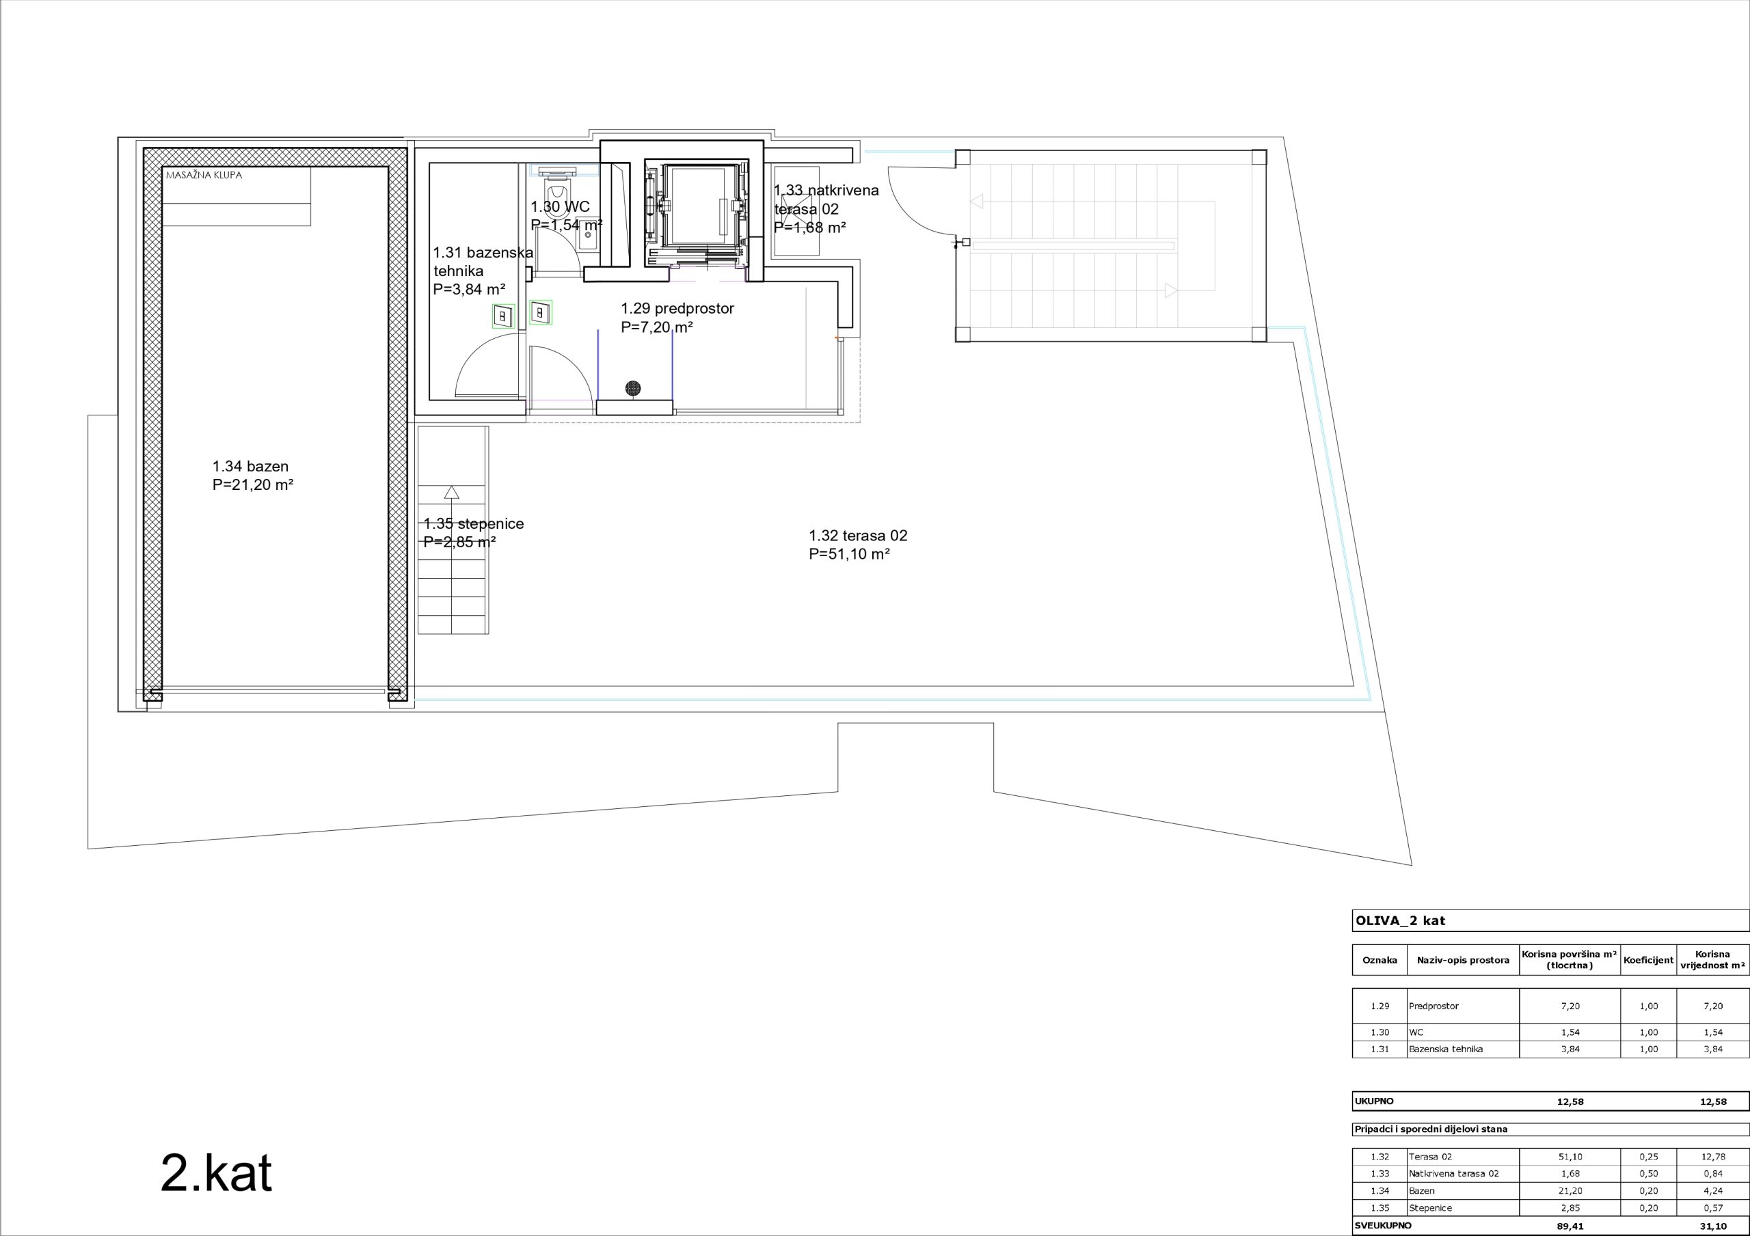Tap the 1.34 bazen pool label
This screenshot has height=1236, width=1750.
(253, 476)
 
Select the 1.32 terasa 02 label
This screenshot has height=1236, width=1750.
(857, 545)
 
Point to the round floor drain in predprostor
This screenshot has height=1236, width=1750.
(632, 389)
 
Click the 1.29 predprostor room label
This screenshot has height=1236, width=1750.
(677, 318)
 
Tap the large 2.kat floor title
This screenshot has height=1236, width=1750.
(216, 1175)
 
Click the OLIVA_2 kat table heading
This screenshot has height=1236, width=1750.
(1400, 920)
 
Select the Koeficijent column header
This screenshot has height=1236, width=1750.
(1648, 960)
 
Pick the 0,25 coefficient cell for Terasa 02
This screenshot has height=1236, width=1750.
(1648, 1157)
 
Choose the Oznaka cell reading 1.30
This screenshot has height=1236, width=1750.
(1379, 1032)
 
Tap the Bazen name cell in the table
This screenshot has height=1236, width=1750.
(1421, 1191)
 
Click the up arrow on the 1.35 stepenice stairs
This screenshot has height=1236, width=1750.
(452, 491)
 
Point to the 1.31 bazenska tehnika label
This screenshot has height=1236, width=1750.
(483, 271)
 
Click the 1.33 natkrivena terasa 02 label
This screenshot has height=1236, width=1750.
(826, 208)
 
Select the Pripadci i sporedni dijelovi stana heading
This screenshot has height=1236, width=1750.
(1431, 1129)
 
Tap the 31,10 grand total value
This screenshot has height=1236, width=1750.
(1712, 1226)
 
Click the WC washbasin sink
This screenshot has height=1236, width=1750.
(588, 233)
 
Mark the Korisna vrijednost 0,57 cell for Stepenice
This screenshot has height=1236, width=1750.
(1712, 1208)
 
